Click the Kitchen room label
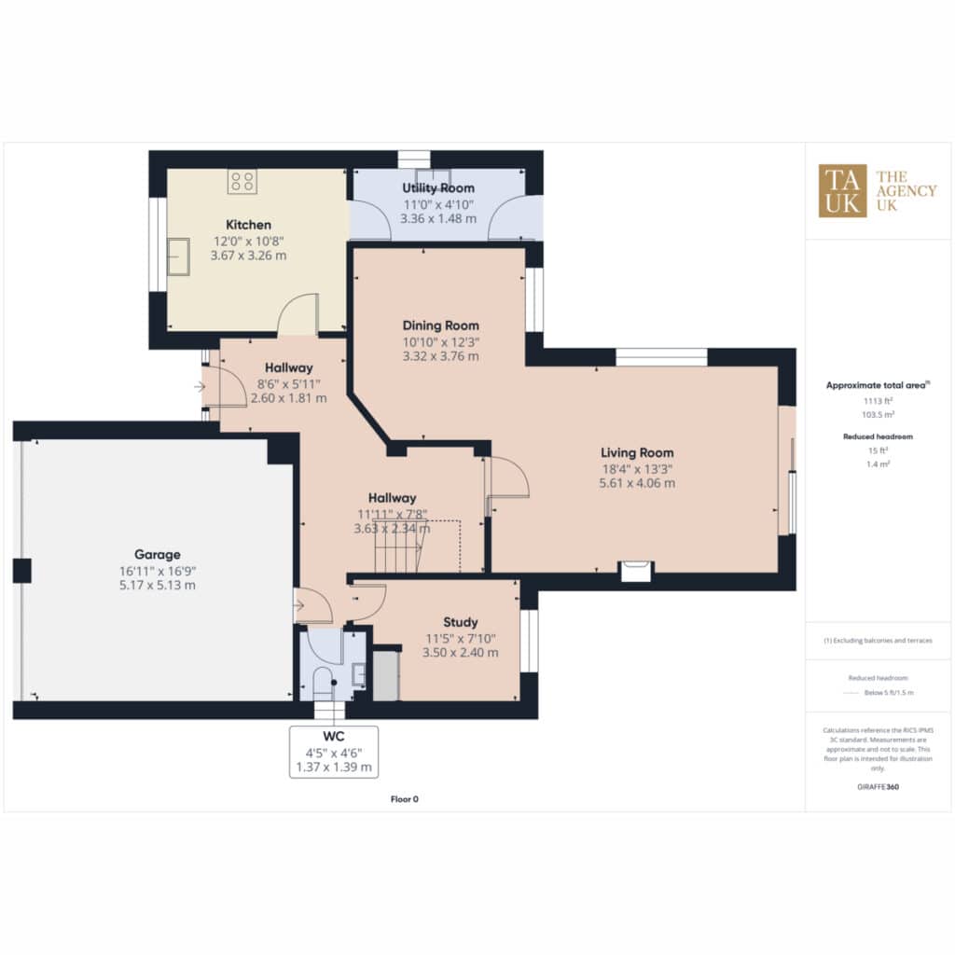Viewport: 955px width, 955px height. coord(248,225)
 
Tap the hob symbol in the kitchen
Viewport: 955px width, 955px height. coord(242,182)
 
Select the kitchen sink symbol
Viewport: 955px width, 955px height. coord(178,256)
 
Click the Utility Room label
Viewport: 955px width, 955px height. coord(438,188)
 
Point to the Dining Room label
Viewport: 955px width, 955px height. coord(441,325)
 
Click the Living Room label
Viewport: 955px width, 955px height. coord(637,452)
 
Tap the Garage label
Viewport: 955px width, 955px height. coord(157,554)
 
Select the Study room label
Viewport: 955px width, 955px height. coord(461,622)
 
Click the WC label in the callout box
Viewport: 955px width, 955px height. coord(334,737)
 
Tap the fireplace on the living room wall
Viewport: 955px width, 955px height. coord(635,571)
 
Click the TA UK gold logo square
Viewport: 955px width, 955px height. coord(842,190)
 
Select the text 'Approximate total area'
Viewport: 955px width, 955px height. coord(876,385)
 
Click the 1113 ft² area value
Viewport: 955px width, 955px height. coord(878,401)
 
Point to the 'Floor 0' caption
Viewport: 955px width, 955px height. coord(405,799)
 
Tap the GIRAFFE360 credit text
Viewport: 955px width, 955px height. coord(878,787)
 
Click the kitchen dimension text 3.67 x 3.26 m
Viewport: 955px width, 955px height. coord(248,256)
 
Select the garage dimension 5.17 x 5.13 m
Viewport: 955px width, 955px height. coord(157,586)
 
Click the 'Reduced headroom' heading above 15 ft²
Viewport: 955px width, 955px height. coord(878,436)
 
